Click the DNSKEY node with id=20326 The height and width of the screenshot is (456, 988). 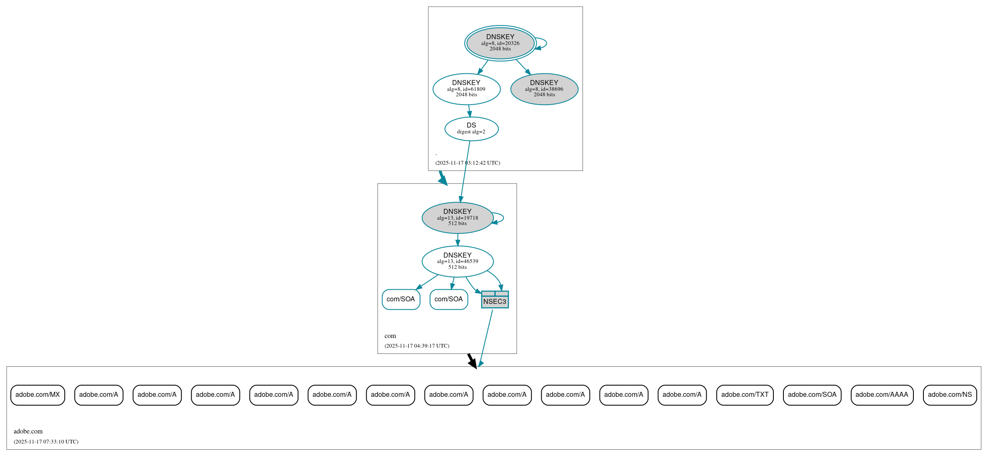click(500, 43)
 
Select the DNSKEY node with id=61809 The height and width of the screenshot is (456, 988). click(466, 89)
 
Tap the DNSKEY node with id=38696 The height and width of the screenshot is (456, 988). click(544, 89)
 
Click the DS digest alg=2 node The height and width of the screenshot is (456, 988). click(471, 129)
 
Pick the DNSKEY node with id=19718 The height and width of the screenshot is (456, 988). click(457, 218)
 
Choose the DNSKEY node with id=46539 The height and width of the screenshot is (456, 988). click(457, 261)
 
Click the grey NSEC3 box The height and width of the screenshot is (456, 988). click(495, 300)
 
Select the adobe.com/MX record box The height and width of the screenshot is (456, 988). click(38, 395)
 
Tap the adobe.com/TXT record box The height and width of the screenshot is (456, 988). click(745, 395)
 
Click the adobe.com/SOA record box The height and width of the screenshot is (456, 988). click(812, 395)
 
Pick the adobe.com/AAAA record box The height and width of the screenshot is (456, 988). click(882, 395)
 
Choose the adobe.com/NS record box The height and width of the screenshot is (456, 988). click(950, 395)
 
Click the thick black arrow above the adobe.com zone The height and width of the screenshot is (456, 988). click(472, 361)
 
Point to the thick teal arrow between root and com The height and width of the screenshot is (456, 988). click(443, 178)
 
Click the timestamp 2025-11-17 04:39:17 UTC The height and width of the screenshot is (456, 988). click(417, 346)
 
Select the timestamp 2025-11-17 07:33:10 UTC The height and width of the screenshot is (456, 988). click(46, 442)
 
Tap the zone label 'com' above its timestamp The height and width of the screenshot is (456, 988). click(390, 336)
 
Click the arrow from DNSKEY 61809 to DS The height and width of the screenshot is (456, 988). click(469, 111)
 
